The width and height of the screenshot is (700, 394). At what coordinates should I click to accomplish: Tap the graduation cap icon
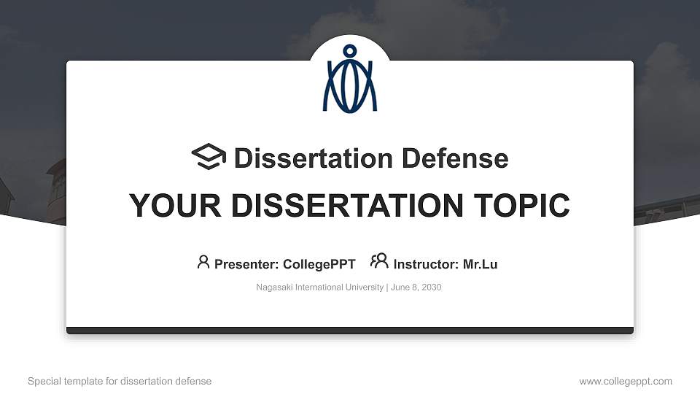(209, 157)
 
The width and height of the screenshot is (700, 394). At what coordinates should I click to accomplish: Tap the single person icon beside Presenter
(203, 261)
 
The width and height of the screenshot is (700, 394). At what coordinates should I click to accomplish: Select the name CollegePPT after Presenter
(319, 264)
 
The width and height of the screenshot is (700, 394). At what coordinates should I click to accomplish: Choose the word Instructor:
(426, 264)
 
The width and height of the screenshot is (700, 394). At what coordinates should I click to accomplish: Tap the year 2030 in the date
(430, 287)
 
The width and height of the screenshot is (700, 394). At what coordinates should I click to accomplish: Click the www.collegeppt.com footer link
(626, 381)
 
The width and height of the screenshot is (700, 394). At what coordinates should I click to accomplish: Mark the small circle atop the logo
(350, 51)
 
